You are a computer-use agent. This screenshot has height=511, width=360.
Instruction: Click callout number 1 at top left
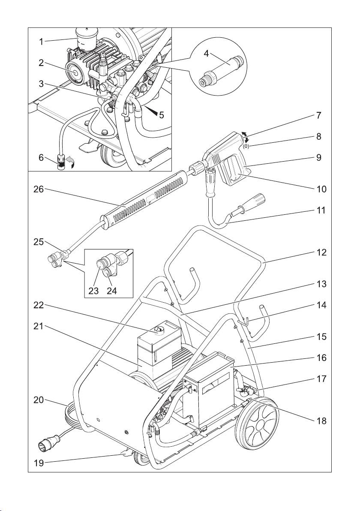tap(41, 42)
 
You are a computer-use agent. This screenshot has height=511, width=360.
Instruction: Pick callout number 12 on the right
tap(318, 252)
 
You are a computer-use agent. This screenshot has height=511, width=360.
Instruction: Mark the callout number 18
tap(318, 421)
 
